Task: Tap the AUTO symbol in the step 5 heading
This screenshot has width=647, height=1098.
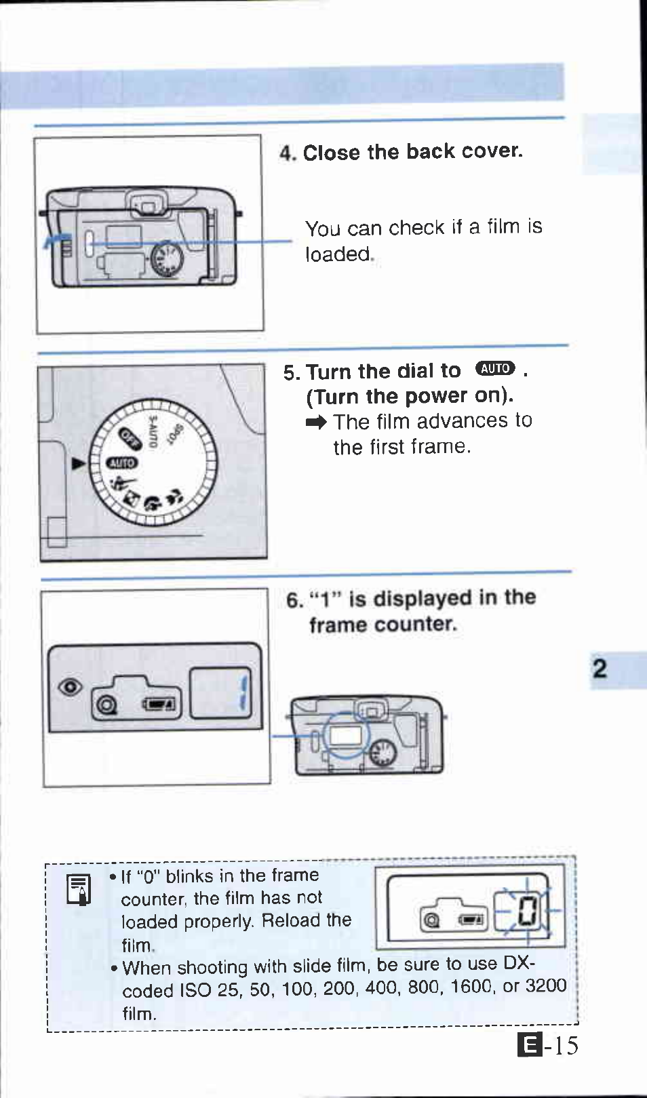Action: coord(495,368)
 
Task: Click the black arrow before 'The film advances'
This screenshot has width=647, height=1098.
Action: coord(316,423)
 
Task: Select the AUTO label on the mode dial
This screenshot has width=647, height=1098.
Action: coord(122,463)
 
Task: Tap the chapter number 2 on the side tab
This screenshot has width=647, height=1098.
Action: coord(600,669)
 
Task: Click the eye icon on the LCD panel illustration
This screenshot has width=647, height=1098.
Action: coord(70,687)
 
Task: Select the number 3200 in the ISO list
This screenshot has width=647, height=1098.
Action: coord(546,985)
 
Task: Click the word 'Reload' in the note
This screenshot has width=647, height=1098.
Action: coord(290,921)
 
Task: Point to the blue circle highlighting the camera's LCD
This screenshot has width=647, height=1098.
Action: coord(346,735)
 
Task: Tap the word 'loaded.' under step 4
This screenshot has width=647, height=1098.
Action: coord(339,254)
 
